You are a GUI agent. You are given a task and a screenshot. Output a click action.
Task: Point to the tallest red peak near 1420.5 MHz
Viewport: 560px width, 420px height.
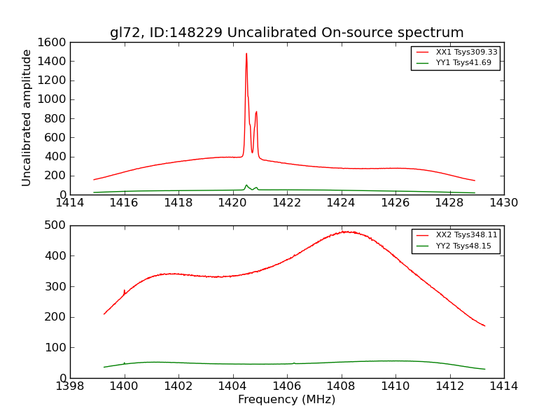[x=246, y=54]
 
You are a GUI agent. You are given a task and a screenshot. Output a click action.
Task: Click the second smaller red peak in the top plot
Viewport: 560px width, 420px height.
[x=256, y=112]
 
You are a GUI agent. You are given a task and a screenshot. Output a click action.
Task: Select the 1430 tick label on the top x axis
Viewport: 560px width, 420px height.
[x=503, y=203]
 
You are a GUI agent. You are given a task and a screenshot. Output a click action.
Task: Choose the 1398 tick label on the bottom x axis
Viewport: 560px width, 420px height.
[x=70, y=386]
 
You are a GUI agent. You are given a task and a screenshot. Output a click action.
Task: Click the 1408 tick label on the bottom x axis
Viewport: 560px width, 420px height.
[x=341, y=386]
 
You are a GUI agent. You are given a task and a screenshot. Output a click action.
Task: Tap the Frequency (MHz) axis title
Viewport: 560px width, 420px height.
[x=287, y=400]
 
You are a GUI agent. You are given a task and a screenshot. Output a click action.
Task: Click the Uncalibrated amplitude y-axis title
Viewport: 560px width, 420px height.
[x=27, y=118]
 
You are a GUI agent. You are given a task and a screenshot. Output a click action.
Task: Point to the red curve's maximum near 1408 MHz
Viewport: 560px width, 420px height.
[x=346, y=232]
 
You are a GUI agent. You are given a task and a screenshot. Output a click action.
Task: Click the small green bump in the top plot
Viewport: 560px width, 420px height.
[x=246, y=185]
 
